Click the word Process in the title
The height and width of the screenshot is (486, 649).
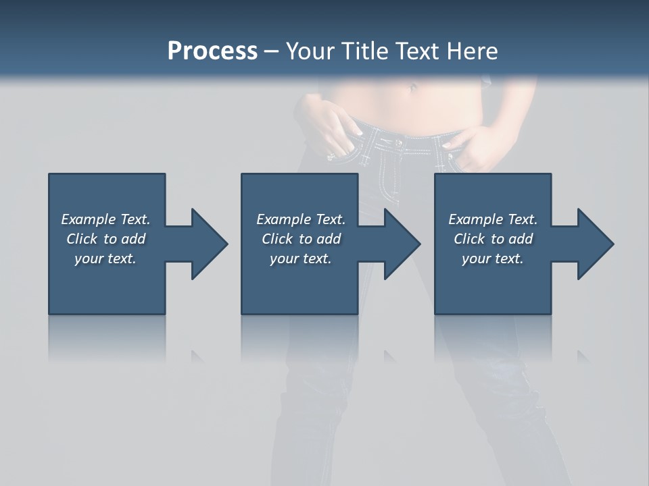(x=212, y=51)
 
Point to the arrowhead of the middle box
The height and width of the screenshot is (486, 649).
(x=401, y=244)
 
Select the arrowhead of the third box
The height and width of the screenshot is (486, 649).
(x=594, y=244)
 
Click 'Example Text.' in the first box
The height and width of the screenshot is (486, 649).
(x=105, y=219)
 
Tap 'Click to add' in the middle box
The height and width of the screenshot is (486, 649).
(x=301, y=239)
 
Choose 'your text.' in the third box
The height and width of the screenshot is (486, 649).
(x=493, y=259)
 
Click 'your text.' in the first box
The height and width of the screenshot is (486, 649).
(x=105, y=259)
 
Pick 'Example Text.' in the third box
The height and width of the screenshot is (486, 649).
(x=493, y=219)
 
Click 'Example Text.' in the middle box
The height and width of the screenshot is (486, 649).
(x=301, y=219)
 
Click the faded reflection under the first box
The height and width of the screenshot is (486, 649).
(x=107, y=337)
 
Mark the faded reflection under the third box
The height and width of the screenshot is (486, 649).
(x=493, y=337)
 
